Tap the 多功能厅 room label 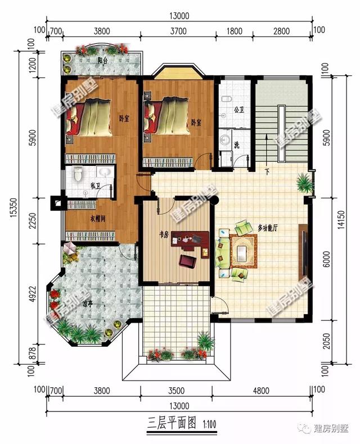tap(269, 228)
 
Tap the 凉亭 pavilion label tap(88, 304)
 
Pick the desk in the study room tap(186, 241)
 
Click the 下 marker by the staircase tap(267, 171)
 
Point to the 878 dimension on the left tap(32, 355)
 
